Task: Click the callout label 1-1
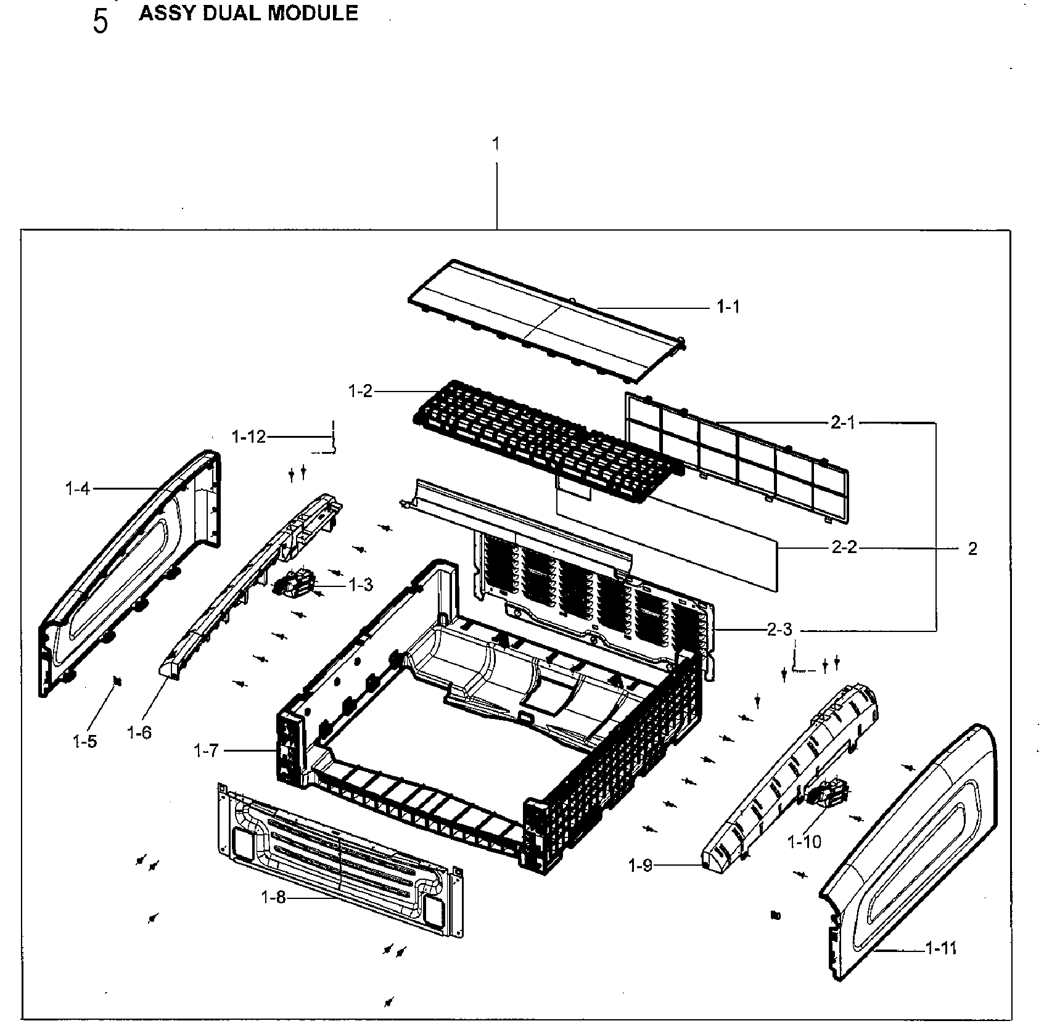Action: [728, 307]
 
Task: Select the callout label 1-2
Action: [361, 391]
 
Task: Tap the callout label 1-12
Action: [249, 437]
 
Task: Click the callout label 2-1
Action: [843, 423]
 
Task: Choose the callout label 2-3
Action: [779, 630]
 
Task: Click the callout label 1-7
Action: [206, 751]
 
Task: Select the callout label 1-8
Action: [274, 898]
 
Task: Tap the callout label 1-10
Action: [804, 842]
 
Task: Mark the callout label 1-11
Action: [941, 948]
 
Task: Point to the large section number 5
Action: [100, 21]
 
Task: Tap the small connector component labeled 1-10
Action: [826, 792]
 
